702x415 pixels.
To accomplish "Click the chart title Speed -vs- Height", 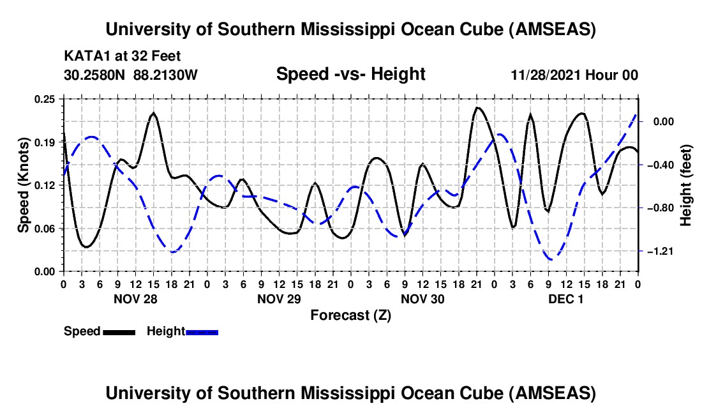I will click(350, 75).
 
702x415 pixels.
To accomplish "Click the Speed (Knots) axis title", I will click(24, 185).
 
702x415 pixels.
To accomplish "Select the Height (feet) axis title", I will click(686, 185).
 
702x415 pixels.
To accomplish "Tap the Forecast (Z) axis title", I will click(350, 315).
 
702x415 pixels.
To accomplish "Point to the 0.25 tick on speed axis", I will click(45, 99).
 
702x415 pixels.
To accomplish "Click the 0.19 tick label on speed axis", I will click(45, 142).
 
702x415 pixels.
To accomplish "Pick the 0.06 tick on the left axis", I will click(45, 229).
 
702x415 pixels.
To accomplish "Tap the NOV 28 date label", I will click(135, 298).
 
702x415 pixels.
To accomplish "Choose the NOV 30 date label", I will click(422, 298).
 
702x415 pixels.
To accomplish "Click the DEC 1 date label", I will click(566, 298).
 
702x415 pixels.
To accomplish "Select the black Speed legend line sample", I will click(119, 332).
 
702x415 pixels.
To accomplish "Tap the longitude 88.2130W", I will click(166, 75).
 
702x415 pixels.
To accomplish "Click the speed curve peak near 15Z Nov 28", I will click(153, 114).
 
